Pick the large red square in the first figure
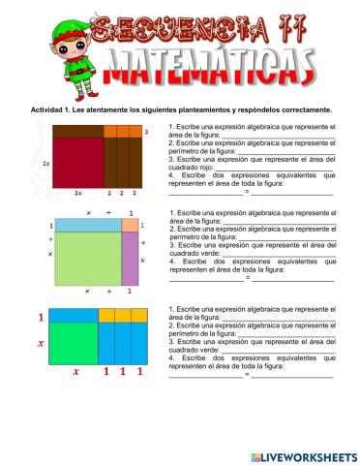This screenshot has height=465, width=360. (77, 161)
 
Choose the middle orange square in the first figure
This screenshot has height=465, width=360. (123, 130)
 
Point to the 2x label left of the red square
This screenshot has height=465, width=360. (46, 165)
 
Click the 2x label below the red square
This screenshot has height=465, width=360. (78, 193)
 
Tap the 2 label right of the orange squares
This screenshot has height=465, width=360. (146, 130)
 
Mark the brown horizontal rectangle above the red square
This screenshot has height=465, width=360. (77, 130)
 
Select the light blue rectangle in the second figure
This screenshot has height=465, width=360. (86, 225)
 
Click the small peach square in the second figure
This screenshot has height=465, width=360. (130, 225)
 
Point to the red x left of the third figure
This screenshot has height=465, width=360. (41, 343)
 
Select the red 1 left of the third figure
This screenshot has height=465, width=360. (41, 317)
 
